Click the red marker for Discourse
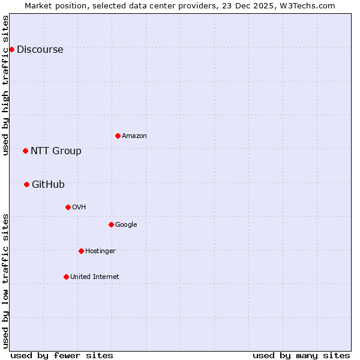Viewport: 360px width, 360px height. pos(11,49)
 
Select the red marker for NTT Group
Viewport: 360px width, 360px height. pos(25,151)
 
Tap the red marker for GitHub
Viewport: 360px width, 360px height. pos(26,184)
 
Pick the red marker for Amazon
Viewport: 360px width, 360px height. pos(118,136)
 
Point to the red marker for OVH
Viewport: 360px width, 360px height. pos(68,207)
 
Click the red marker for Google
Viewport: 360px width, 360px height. pos(111,224)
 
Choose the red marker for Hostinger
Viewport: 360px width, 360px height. pos(81,251)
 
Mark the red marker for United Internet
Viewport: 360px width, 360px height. pos(66,277)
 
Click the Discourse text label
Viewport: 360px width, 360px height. pos(40,50)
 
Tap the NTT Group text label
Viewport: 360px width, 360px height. pos(56,151)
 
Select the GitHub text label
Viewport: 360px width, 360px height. pos(48,185)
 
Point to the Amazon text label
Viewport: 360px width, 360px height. pos(134,136)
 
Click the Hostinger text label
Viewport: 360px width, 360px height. pos(100,251)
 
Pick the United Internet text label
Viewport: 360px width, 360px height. pos(95,277)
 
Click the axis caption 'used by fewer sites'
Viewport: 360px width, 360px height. pos(62,355)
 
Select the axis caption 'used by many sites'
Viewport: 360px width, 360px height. pos(301,355)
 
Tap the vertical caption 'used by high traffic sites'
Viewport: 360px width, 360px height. pos(6,85)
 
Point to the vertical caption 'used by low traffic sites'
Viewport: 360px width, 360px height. pos(6,281)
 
